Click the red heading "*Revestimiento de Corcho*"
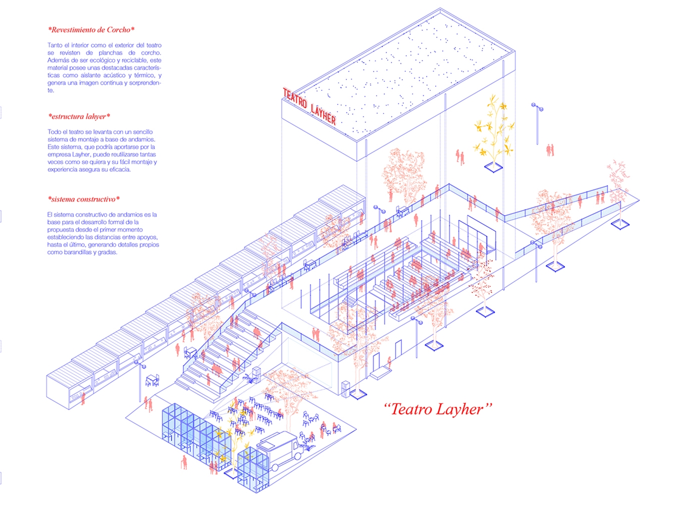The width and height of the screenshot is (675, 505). click(91, 30)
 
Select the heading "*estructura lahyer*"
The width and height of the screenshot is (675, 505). click(79, 117)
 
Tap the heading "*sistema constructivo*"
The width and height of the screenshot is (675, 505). click(84, 199)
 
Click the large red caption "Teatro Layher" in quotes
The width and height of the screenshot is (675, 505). click(438, 409)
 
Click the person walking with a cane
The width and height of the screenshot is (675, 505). click(184, 462)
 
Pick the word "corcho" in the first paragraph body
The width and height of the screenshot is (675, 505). click(151, 53)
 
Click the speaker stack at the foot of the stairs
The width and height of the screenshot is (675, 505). click(256, 374)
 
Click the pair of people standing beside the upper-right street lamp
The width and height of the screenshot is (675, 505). click(550, 149)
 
